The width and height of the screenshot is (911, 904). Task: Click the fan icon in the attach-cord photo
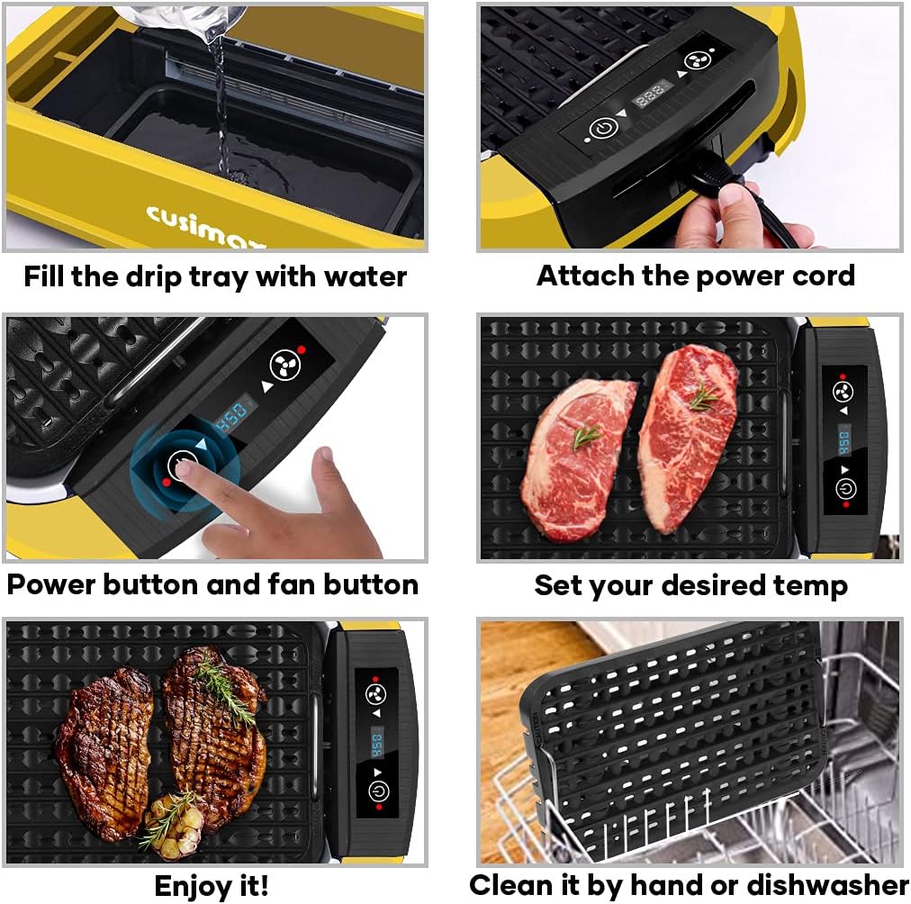693,60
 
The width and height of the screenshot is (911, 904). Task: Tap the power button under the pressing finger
184,466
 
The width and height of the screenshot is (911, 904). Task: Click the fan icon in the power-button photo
284,364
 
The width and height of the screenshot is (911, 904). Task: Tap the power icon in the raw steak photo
845,489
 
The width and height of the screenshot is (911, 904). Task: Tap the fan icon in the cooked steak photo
375,693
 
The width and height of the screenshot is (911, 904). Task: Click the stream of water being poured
220,99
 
